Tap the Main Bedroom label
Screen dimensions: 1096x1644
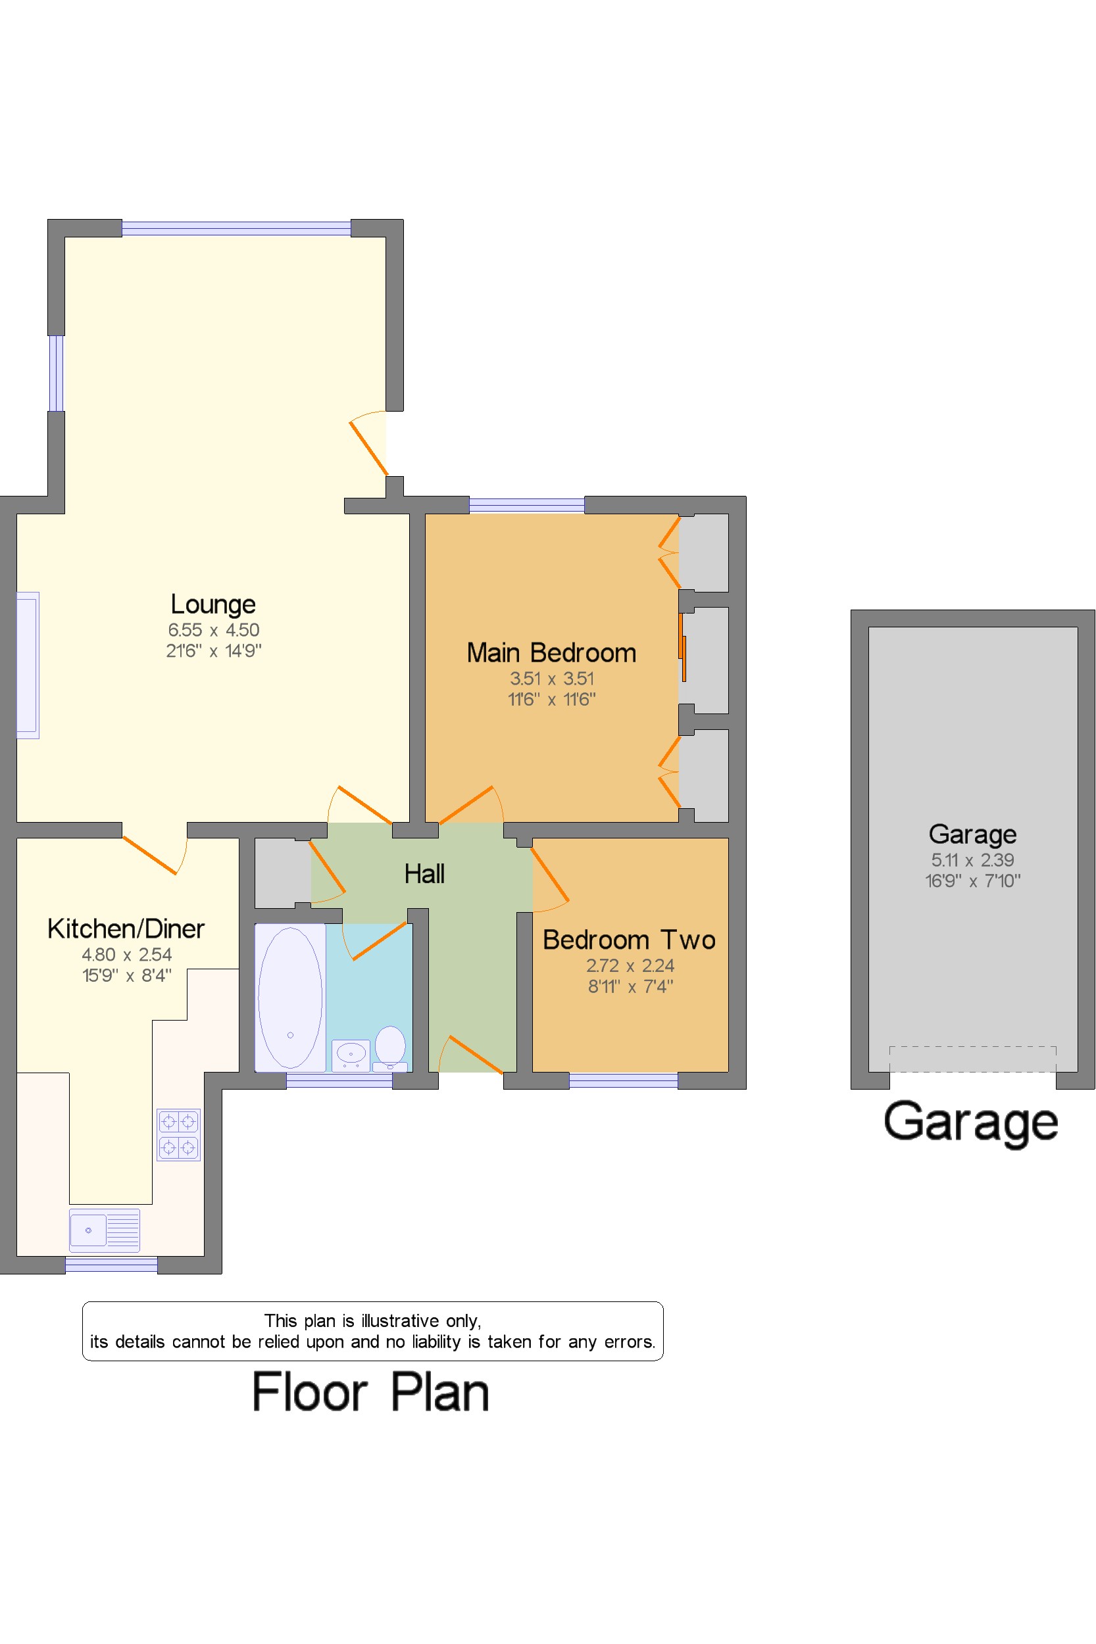click(551, 652)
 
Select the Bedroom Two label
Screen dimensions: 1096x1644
click(629, 940)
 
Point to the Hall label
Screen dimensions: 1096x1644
click(424, 873)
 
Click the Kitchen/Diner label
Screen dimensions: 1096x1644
click(126, 929)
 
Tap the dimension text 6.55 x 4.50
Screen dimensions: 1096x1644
click(214, 629)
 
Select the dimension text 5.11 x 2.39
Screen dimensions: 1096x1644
click(972, 859)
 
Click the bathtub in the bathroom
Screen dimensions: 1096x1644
click(290, 998)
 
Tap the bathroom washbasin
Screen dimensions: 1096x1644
click(351, 1055)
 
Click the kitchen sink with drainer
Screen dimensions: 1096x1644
click(105, 1230)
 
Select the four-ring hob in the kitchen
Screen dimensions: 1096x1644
click(179, 1134)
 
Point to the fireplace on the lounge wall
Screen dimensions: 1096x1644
click(28, 665)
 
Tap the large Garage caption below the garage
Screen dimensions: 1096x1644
click(971, 1123)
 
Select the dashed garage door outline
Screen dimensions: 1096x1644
click(972, 1059)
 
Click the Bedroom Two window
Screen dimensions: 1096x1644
click(624, 1081)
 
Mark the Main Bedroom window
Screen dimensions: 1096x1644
click(526, 504)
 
